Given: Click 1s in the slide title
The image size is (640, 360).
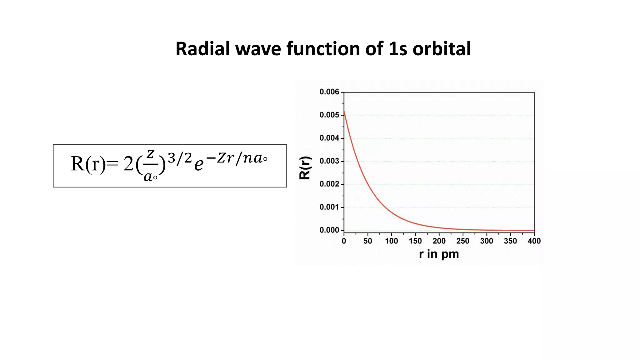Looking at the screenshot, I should coord(398,49).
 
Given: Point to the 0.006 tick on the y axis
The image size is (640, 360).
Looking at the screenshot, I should coord(329,92).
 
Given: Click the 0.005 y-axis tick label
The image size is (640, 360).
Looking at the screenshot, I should coord(329,115).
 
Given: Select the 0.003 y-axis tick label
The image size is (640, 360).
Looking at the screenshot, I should coord(329,161).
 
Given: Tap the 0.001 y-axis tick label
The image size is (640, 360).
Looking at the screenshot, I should coord(329,207).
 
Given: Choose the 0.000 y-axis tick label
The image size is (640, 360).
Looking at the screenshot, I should coord(329,230).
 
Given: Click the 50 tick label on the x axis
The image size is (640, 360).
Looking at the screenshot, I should coord(367,241).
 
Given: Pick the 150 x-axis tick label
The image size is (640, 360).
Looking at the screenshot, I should coord(415,241).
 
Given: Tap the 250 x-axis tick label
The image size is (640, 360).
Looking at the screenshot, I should coord(462,241).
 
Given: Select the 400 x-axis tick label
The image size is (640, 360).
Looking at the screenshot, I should coord(534,241).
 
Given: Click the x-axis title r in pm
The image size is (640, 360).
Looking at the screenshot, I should coord(439,254).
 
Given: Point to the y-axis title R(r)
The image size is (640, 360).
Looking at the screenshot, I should coord(305,168).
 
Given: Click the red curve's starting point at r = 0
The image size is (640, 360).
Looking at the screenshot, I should coord(344,111).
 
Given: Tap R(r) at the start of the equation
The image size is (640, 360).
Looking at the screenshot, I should coord(88,164).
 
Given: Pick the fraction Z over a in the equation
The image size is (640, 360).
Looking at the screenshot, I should coord(150,166).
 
